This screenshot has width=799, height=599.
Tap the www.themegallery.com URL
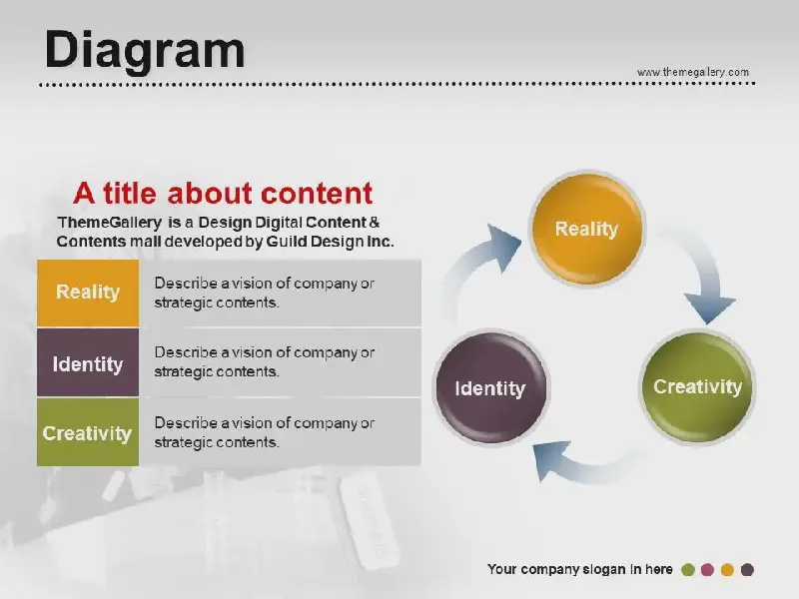(693, 72)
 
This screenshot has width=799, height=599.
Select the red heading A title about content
(223, 193)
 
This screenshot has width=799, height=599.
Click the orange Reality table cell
(88, 293)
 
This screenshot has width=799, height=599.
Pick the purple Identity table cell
(88, 362)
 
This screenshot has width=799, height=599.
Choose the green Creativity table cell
(88, 432)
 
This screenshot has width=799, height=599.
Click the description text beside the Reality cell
(264, 293)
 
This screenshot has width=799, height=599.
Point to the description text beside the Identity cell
(264, 361)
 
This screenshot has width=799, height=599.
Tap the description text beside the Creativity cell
(264, 432)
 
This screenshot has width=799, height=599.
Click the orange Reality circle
(587, 229)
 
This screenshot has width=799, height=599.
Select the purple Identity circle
(490, 388)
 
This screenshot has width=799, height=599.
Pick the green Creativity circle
(697, 386)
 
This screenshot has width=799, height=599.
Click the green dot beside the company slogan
(688, 569)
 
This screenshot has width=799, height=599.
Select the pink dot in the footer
(707, 569)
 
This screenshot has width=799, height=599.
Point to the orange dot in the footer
(727, 569)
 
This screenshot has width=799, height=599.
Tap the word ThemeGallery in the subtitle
(110, 223)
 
